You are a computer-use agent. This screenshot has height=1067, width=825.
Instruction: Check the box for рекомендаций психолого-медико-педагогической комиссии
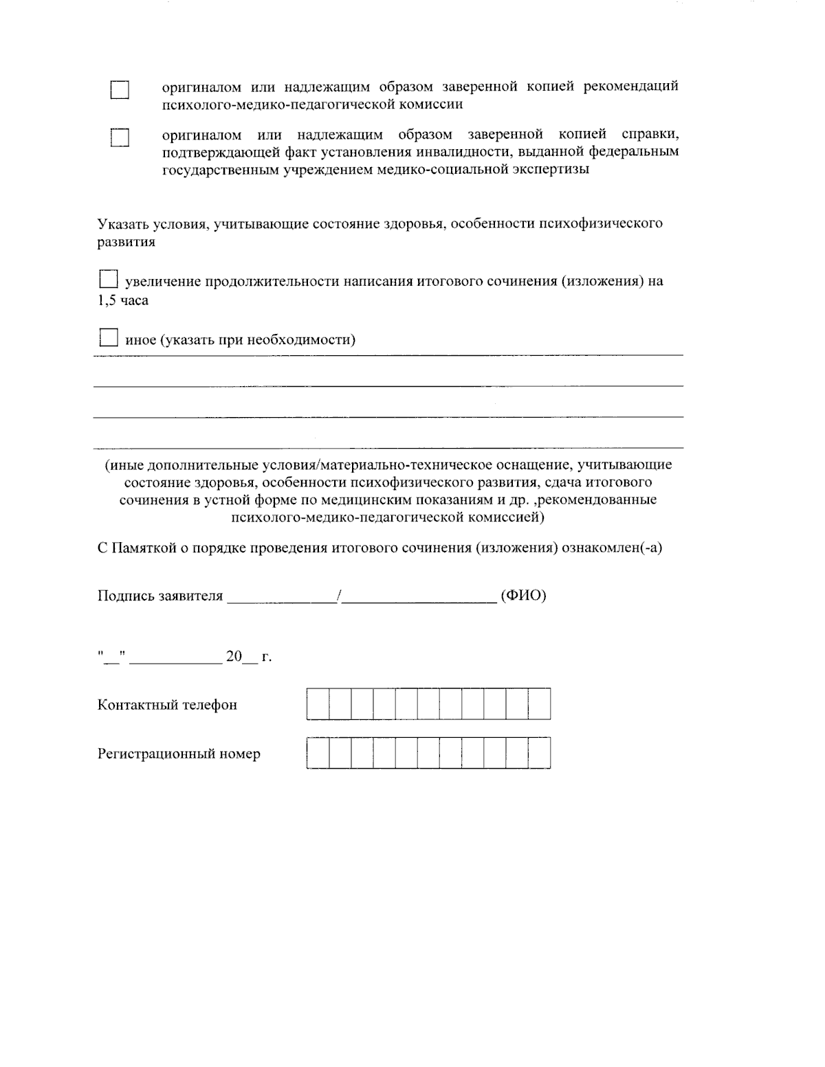coord(120,91)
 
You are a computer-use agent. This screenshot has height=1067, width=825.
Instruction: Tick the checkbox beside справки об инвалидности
coord(120,138)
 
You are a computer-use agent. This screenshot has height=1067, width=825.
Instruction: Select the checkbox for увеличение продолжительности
coord(109,280)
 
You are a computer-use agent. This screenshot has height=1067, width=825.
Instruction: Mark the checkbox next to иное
coord(109,337)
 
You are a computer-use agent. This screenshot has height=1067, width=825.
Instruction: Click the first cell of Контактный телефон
coord(318,704)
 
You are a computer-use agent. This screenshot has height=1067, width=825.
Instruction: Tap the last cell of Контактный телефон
coord(540,704)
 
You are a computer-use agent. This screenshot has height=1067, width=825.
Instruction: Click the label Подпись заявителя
coord(160,596)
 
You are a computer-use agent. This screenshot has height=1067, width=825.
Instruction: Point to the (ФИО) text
coord(524,596)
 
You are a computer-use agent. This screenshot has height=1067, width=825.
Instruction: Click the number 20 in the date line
coord(234,657)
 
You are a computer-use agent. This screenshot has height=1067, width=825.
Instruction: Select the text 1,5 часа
coord(123,301)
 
